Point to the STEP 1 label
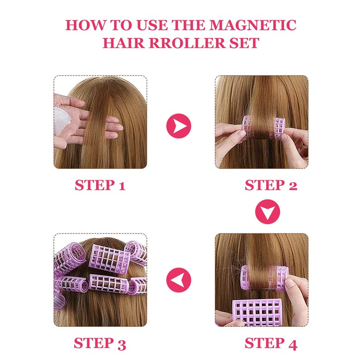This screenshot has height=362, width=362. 100,185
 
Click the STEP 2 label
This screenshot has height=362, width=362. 271,185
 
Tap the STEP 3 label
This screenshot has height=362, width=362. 100,343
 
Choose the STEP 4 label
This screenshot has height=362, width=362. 271,343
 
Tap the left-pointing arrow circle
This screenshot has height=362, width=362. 179,280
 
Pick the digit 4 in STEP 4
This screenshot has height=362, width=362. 292,343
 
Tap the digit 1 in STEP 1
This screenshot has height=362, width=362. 121,185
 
